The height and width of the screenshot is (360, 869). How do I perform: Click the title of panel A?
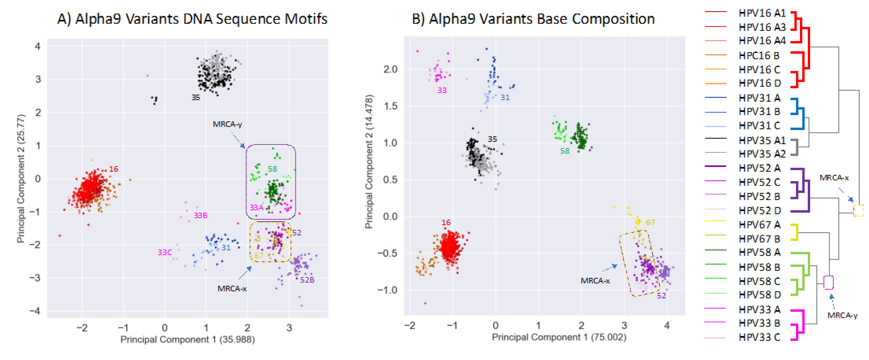click(192, 19)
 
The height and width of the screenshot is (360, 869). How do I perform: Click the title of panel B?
click(533, 19)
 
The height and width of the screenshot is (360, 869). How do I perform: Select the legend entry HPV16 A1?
click(762, 13)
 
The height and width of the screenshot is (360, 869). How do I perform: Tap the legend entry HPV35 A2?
click(762, 154)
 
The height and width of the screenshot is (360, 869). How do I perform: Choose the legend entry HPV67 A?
click(759, 224)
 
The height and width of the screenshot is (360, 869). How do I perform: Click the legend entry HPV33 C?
click(759, 337)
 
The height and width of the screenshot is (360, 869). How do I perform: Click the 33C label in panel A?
click(165, 252)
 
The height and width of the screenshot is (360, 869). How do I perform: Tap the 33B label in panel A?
click(200, 215)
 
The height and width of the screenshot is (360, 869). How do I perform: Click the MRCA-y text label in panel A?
click(227, 124)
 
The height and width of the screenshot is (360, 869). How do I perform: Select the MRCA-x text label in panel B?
click(595, 281)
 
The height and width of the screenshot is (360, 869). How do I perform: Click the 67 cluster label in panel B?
click(650, 222)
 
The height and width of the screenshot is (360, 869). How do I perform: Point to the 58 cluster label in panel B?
click(565, 151)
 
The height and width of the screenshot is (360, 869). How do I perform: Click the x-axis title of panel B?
click(559, 337)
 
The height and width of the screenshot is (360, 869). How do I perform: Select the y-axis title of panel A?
click(21, 179)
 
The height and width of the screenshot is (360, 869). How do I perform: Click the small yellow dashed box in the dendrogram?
click(858, 210)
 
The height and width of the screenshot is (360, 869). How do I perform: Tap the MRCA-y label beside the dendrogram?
click(842, 315)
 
